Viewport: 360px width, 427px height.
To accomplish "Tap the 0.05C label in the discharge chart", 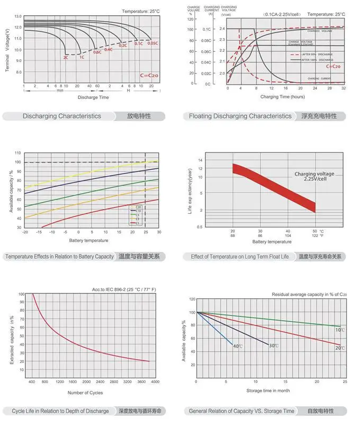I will [153, 43].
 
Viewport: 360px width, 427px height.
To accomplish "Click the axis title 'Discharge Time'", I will [93, 97].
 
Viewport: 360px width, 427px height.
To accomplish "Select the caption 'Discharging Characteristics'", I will [61, 116].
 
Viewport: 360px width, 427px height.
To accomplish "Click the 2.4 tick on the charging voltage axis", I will [222, 29].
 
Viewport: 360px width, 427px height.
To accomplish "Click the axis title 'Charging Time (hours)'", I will [282, 97].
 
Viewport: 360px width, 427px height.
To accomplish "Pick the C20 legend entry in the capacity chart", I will [138, 207].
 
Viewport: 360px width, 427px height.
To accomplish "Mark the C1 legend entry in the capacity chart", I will [138, 223].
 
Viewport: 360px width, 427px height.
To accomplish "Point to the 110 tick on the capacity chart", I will [18, 153].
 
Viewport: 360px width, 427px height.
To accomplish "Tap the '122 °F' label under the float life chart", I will [317, 235].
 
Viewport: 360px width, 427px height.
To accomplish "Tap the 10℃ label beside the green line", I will [339, 330].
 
